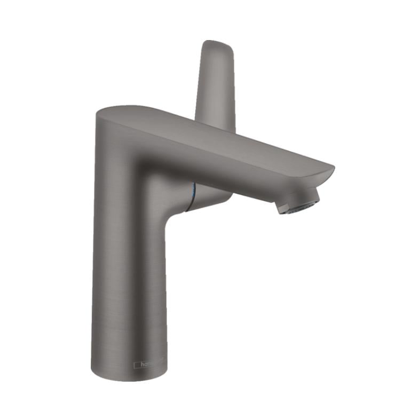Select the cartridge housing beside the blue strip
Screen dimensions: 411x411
pyautogui.click(x=211, y=196)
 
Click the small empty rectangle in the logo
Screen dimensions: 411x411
pyautogui.click(x=137, y=365)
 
